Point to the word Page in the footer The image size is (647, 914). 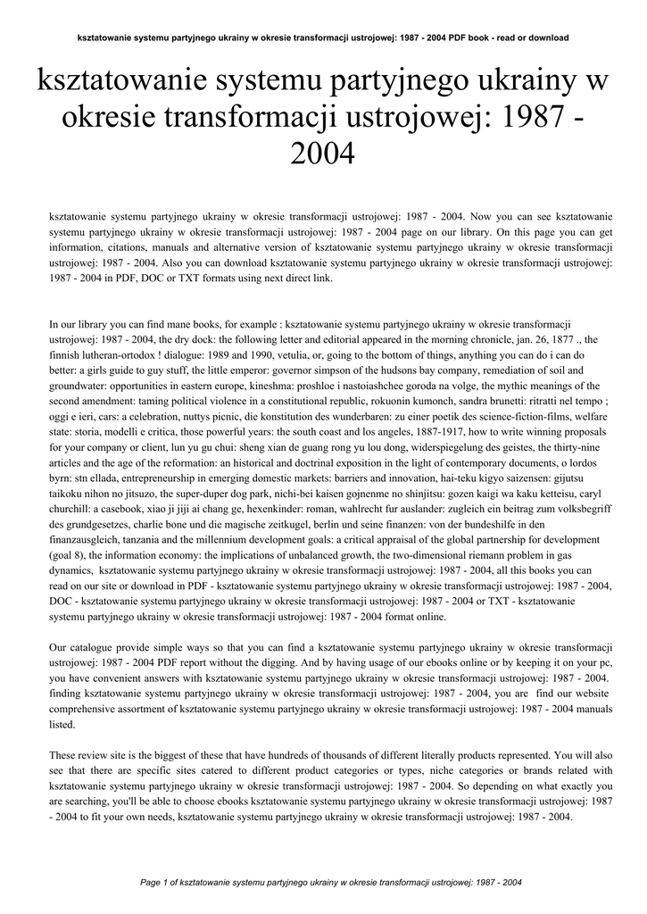point(154,883)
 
